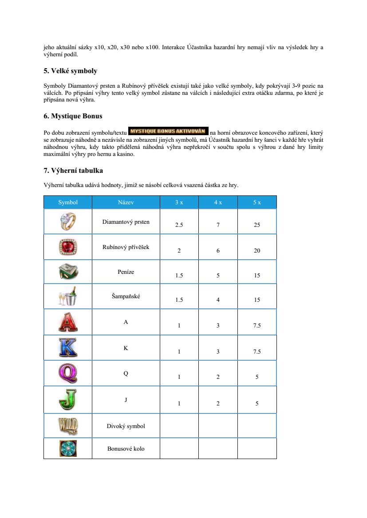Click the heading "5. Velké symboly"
click(x=70, y=71)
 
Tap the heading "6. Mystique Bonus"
click(x=73, y=116)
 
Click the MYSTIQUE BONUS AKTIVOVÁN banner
click(x=168, y=131)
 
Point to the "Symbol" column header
click(x=68, y=203)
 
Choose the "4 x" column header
click(x=218, y=203)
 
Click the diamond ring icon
click(x=68, y=221)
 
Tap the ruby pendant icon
click(x=68, y=247)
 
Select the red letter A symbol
click(x=68, y=322)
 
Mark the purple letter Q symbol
click(x=68, y=373)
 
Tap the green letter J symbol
click(x=68, y=399)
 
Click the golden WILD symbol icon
click(x=68, y=426)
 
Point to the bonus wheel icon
click(x=68, y=448)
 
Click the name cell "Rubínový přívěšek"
click(x=126, y=247)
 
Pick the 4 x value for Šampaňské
click(x=218, y=300)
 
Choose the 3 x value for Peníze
click(x=179, y=276)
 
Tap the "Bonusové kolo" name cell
click(x=126, y=449)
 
